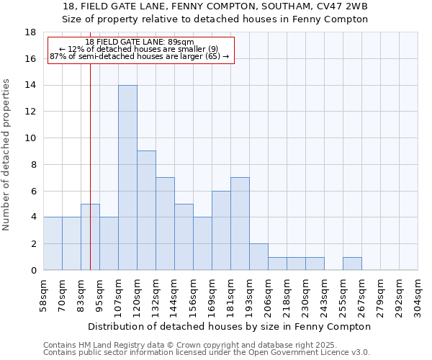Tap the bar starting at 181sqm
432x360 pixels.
click(240, 224)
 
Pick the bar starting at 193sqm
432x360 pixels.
click(258, 257)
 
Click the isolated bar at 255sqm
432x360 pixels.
click(352, 264)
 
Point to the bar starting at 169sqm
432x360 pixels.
click(221, 230)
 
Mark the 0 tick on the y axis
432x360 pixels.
click(33, 271)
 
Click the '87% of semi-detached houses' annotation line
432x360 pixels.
click(139, 56)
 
